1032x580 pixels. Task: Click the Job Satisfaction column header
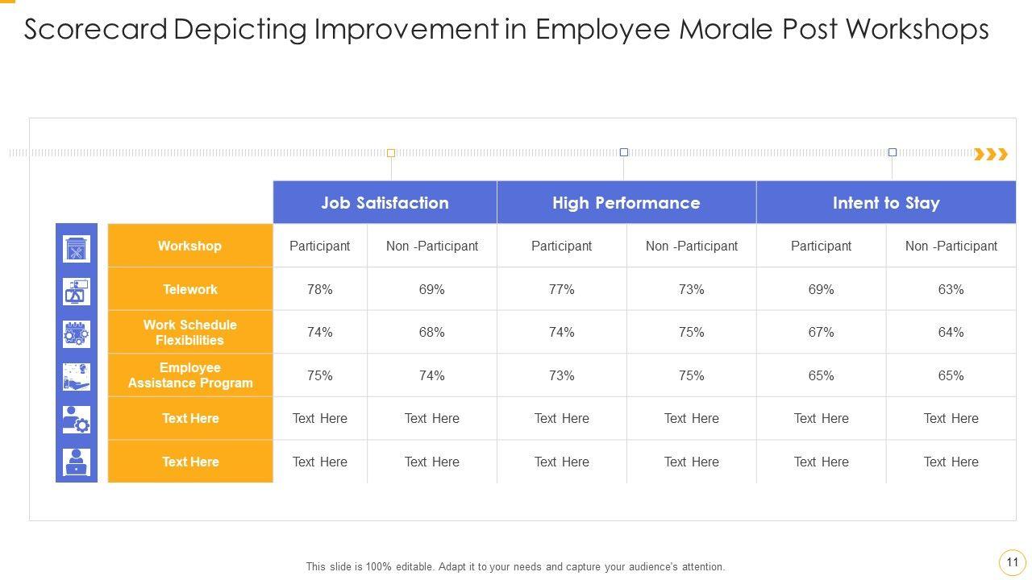pyautogui.click(x=385, y=202)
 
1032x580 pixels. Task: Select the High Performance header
pyautogui.click(x=626, y=202)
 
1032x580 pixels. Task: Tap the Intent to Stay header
pyautogui.click(x=885, y=202)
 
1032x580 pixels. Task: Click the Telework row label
pyautogui.click(x=190, y=289)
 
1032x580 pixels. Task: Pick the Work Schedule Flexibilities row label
pyautogui.click(x=190, y=332)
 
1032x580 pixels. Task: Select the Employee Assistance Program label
pyautogui.click(x=190, y=375)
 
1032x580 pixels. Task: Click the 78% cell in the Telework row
pyautogui.click(x=320, y=289)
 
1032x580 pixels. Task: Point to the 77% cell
pyautogui.click(x=561, y=289)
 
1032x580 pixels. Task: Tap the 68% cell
pyautogui.click(x=431, y=332)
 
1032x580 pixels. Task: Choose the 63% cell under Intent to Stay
pyautogui.click(x=951, y=289)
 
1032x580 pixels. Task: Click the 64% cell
pyautogui.click(x=951, y=332)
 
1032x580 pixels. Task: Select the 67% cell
pyautogui.click(x=821, y=332)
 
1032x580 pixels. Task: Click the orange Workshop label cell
pyautogui.click(x=190, y=246)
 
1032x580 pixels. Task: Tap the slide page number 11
pyautogui.click(x=1013, y=562)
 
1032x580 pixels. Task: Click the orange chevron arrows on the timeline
pyautogui.click(x=991, y=154)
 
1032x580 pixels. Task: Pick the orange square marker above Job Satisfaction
pyautogui.click(x=391, y=153)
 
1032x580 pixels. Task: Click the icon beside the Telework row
pyautogui.click(x=77, y=291)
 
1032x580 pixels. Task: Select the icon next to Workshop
pyautogui.click(x=77, y=248)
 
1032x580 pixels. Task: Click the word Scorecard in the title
pyautogui.click(x=97, y=30)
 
